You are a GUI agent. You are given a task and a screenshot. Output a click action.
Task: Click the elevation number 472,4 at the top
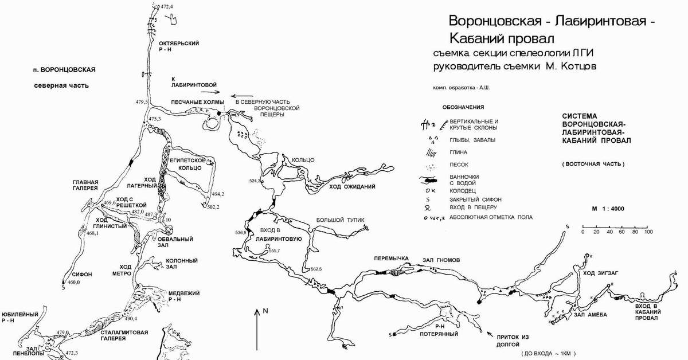click(167, 6)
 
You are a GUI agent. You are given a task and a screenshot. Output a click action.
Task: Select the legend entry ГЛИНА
click(459, 152)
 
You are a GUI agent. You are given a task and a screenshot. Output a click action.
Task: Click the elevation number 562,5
click(315, 269)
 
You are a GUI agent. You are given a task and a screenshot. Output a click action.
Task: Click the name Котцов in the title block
click(579, 66)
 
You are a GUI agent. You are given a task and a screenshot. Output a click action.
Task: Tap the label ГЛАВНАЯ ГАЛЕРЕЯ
click(85, 184)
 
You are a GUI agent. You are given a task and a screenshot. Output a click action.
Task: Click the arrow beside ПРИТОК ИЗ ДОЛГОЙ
click(488, 333)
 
